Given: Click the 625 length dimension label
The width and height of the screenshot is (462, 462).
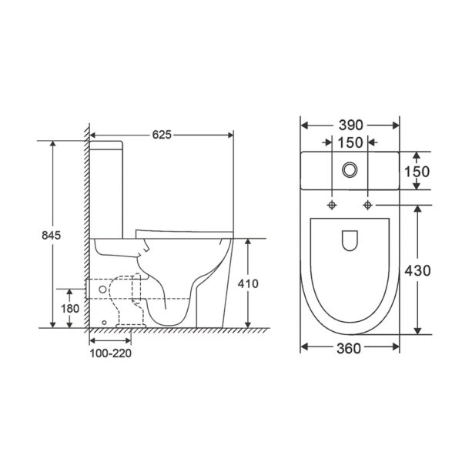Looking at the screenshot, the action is pyautogui.click(x=162, y=135).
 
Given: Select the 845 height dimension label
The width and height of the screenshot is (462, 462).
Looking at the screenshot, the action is pyautogui.click(x=51, y=235).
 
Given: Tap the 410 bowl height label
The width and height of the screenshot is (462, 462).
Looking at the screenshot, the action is pyautogui.click(x=248, y=283).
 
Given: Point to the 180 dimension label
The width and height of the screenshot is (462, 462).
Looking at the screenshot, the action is pyautogui.click(x=70, y=309).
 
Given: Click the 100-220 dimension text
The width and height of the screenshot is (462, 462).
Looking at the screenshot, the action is pyautogui.click(x=110, y=353).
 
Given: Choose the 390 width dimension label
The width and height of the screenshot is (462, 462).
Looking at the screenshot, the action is pyautogui.click(x=350, y=126).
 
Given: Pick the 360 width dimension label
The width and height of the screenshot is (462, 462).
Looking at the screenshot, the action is pyautogui.click(x=349, y=349).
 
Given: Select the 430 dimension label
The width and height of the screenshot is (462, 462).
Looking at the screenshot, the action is pyautogui.click(x=417, y=270).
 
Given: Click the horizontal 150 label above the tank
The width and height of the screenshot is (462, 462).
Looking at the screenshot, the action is pyautogui.click(x=350, y=142).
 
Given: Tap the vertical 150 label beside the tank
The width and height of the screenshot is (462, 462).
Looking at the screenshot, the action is pyautogui.click(x=417, y=172).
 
